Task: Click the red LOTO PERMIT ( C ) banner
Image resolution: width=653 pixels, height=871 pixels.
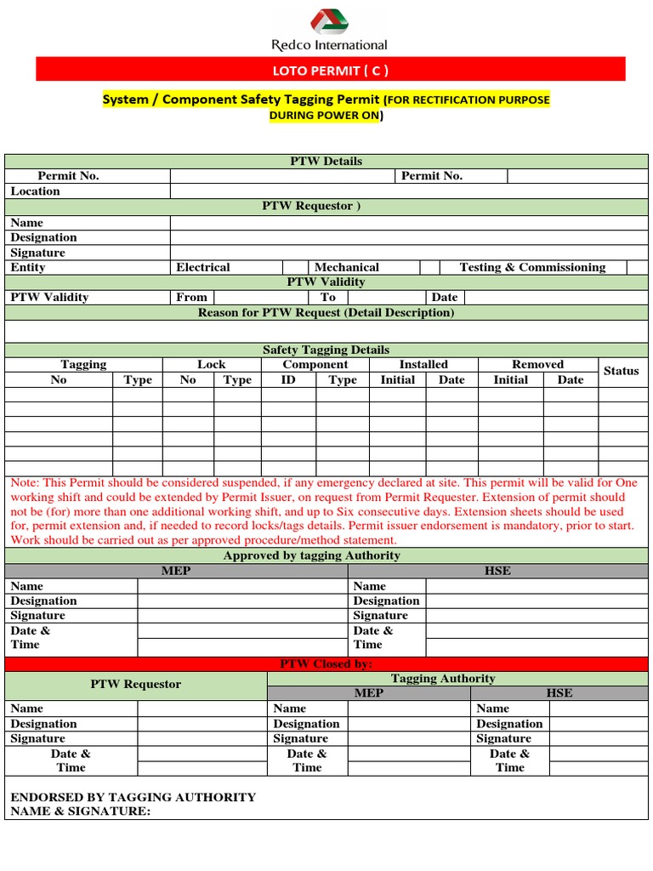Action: [328, 70]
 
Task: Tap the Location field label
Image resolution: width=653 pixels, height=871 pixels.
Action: [36, 191]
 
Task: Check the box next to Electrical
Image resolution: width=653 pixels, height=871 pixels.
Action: [294, 267]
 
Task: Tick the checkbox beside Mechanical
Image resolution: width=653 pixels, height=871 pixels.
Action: [430, 267]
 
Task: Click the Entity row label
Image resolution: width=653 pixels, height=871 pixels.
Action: [28, 267]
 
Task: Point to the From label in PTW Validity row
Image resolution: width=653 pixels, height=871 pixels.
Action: [191, 297]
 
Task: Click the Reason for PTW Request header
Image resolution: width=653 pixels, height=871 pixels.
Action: [326, 312]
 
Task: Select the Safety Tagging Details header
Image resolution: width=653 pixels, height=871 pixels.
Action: [326, 350]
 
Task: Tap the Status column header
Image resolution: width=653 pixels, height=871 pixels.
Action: [621, 371]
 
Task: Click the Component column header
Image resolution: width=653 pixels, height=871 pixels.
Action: [315, 364]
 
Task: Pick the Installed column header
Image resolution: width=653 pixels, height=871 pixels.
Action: [423, 364]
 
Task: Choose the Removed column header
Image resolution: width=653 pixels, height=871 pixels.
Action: [537, 364]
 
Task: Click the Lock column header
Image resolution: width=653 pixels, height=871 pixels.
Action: [211, 364]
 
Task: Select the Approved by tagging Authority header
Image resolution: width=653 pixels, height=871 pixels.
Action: [311, 555]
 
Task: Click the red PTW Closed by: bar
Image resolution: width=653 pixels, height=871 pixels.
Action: [326, 663]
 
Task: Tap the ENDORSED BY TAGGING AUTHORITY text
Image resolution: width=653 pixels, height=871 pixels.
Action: [133, 797]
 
